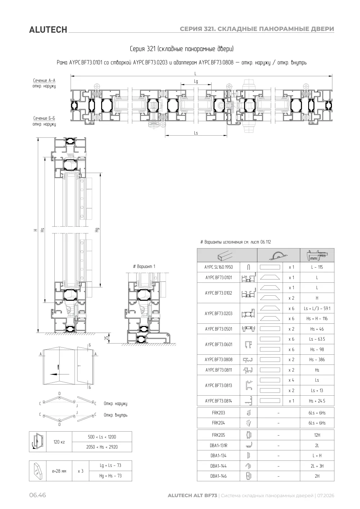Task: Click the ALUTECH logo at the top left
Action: pos(48,30)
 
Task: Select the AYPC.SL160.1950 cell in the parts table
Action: pos(218,267)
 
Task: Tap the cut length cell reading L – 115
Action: pos(317,267)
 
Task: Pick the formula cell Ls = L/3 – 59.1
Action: pos(317,308)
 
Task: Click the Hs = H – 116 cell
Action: pos(317,319)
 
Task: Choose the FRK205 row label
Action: pos(218,435)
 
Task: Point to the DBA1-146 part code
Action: pos(218,476)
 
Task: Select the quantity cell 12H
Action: pos(317,435)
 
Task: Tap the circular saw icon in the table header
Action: pos(278,255)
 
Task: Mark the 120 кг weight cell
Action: pos(59,442)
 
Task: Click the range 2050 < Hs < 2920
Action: pos(102,447)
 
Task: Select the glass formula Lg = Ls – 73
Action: pos(111,465)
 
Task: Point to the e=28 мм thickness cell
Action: pos(59,471)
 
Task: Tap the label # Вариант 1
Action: pos(144,266)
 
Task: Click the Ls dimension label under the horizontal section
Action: pos(196,133)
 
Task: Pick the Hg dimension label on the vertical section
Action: pos(97,230)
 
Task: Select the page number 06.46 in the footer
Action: pos(37,495)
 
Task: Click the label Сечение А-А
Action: pos(44,81)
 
